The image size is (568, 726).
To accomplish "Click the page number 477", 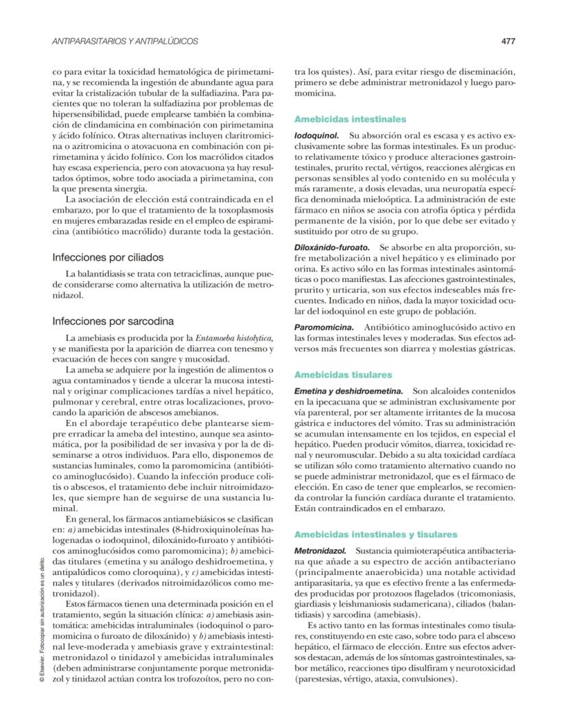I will tap(508, 41).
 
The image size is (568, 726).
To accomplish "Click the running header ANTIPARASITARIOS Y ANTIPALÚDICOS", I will tap(126, 41).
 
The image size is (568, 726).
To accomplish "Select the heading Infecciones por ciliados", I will tap(108, 258).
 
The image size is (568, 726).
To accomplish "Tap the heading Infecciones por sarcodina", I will tap(113, 320).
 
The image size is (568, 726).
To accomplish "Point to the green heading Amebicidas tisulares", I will tap(343, 375).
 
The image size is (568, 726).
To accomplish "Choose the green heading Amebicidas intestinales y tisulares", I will tap(376, 534).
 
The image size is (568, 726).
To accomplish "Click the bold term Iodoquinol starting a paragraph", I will tap(318, 137).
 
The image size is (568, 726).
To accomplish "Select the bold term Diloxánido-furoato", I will tap(332, 246).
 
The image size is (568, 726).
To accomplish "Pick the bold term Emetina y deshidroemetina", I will tap(348, 390).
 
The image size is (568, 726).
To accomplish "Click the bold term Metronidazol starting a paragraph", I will tap(320, 550).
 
